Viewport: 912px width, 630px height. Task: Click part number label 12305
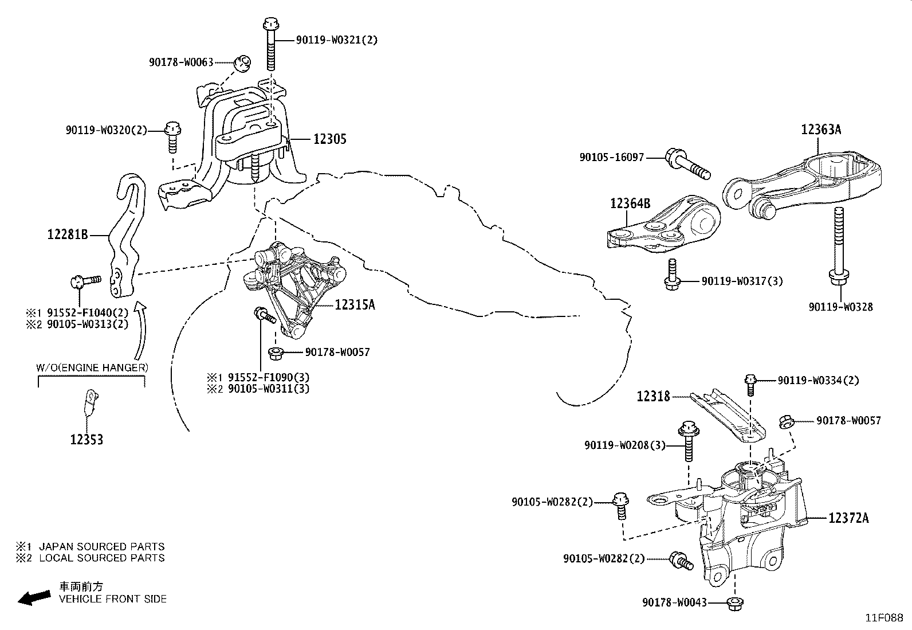[329, 139]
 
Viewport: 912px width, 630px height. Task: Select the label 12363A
[820, 130]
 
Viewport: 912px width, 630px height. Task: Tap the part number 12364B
[630, 203]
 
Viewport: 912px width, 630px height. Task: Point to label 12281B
[68, 234]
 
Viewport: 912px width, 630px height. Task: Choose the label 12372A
[848, 518]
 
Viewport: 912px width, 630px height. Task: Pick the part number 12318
[653, 396]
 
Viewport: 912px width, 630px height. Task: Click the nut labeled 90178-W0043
[733, 603]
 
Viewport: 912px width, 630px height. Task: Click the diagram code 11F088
[883, 618]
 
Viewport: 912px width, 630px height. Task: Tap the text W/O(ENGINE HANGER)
[92, 367]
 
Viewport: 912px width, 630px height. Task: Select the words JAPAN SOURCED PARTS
[101, 547]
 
